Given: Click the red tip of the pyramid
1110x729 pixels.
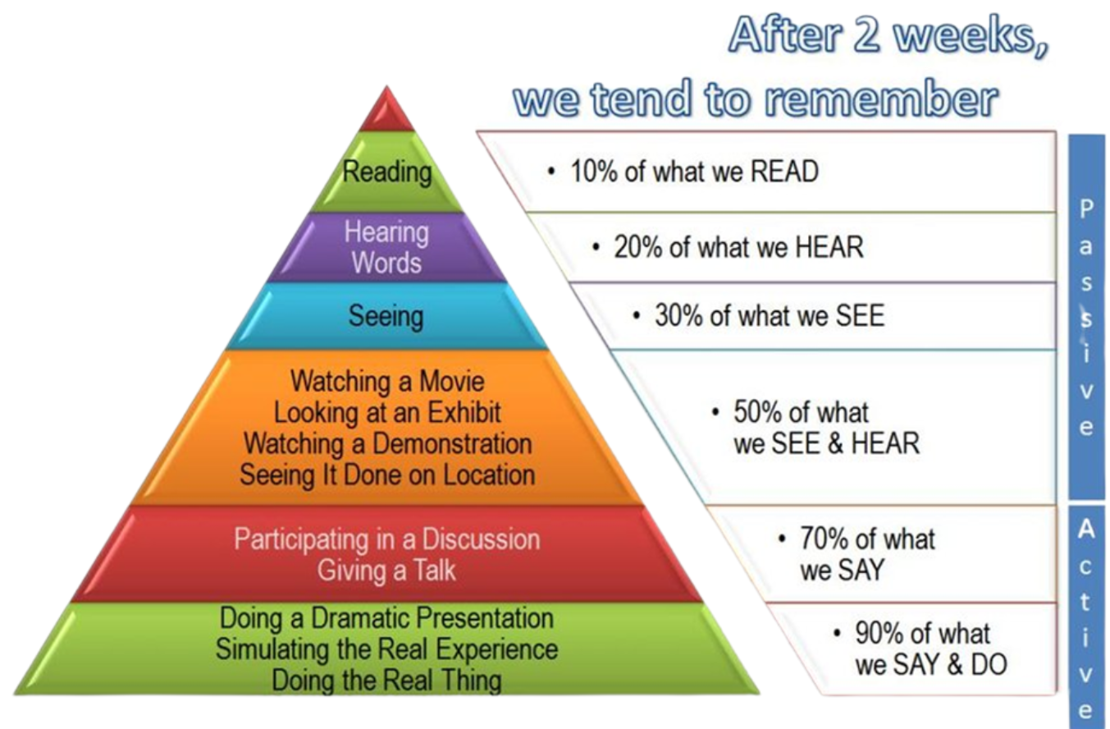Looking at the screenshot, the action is click(386, 112).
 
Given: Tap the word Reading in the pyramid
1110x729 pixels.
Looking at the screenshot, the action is click(387, 173).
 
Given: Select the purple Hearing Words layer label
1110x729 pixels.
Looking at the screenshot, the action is click(386, 247).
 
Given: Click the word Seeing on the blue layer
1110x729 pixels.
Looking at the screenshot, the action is click(386, 316).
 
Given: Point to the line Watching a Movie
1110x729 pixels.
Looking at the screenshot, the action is click(387, 381).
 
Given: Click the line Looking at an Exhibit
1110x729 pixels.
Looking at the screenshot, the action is click(387, 412).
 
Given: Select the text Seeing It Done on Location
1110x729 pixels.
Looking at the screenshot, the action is click(387, 475).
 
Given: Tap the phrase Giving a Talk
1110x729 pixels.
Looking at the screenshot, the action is click(386, 570).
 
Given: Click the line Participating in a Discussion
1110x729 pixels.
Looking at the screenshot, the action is click(387, 539).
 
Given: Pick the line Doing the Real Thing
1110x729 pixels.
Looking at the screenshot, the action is click(386, 680).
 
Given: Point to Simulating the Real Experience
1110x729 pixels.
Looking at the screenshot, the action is click(387, 649).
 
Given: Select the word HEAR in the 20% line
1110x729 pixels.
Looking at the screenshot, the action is click(829, 247).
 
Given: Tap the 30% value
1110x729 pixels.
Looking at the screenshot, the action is click(678, 315).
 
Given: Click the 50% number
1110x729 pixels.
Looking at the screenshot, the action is click(756, 412).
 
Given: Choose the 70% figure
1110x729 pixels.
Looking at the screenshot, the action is click(823, 539).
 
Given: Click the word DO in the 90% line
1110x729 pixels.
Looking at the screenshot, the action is click(989, 665).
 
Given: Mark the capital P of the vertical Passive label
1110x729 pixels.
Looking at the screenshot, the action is click(1086, 209).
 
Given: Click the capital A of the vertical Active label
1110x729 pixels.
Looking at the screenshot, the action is click(1085, 530).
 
